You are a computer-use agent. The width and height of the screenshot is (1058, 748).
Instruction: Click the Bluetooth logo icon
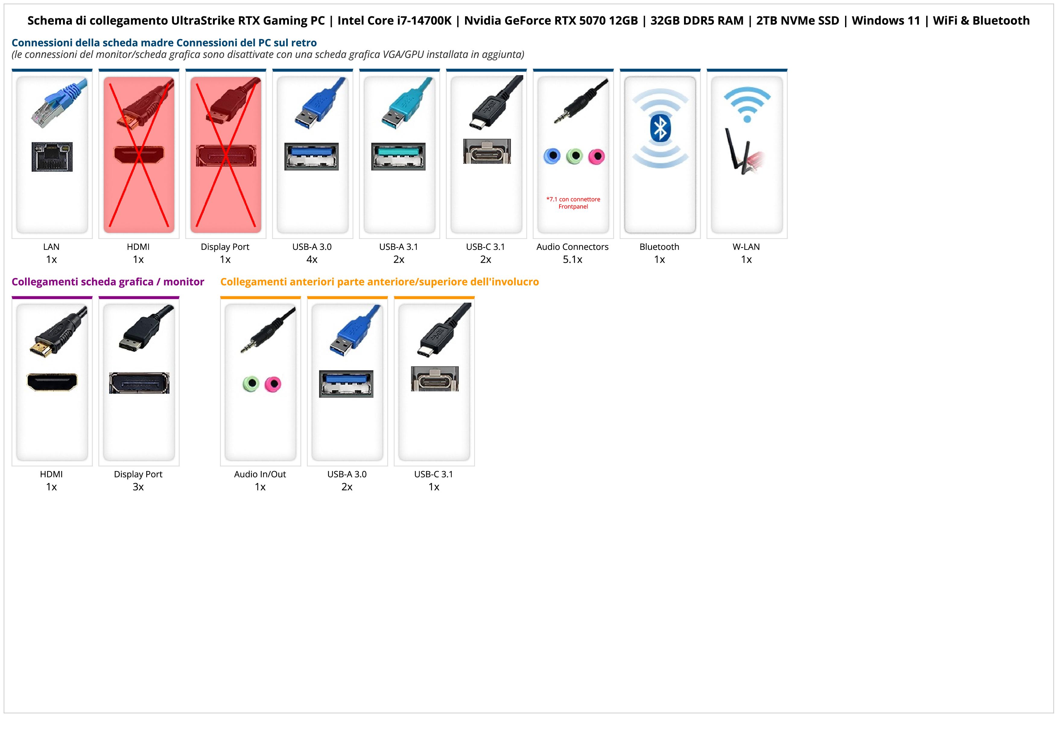[x=660, y=129]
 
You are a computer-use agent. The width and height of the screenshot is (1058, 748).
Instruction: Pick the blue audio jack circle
[x=552, y=156]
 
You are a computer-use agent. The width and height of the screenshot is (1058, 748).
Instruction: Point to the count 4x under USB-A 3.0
[x=312, y=259]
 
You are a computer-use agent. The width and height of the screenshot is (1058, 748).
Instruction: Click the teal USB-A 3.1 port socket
[x=398, y=157]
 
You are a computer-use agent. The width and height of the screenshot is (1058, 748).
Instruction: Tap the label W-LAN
[x=746, y=247]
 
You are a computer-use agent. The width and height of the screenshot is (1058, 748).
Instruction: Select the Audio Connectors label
[x=572, y=247]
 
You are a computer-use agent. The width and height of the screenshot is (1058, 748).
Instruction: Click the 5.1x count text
[x=572, y=259]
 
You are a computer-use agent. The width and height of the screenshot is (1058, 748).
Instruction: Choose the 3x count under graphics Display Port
[x=138, y=487]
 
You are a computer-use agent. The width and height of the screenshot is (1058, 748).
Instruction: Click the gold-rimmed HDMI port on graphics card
[x=52, y=382]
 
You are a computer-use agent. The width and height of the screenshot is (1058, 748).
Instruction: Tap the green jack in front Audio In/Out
[x=251, y=384]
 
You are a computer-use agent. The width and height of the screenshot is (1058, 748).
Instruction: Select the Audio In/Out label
[x=260, y=474]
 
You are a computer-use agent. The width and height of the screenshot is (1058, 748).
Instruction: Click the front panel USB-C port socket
[x=435, y=379]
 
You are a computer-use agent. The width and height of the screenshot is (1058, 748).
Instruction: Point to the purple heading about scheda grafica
[x=108, y=282]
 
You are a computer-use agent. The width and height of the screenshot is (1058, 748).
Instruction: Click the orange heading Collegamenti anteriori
[x=379, y=282]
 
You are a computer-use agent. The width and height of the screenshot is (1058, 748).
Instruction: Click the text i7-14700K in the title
[x=424, y=21]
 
